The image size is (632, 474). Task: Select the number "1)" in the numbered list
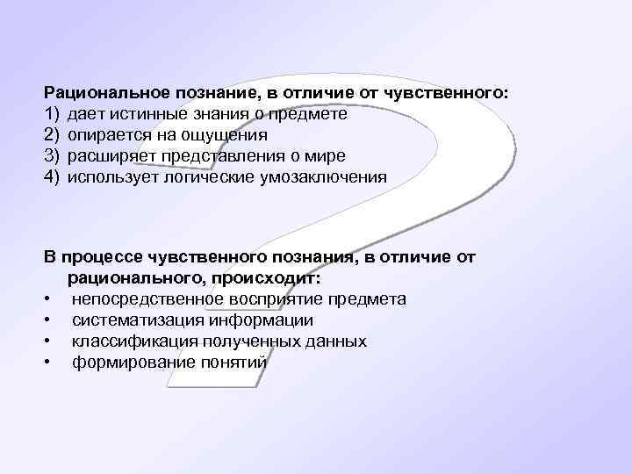51,113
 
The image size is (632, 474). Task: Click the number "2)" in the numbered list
51,135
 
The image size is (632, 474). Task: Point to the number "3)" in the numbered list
51,156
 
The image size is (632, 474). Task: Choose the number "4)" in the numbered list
51,177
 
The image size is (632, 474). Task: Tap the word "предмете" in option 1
312,113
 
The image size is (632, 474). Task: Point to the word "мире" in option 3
326,156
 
